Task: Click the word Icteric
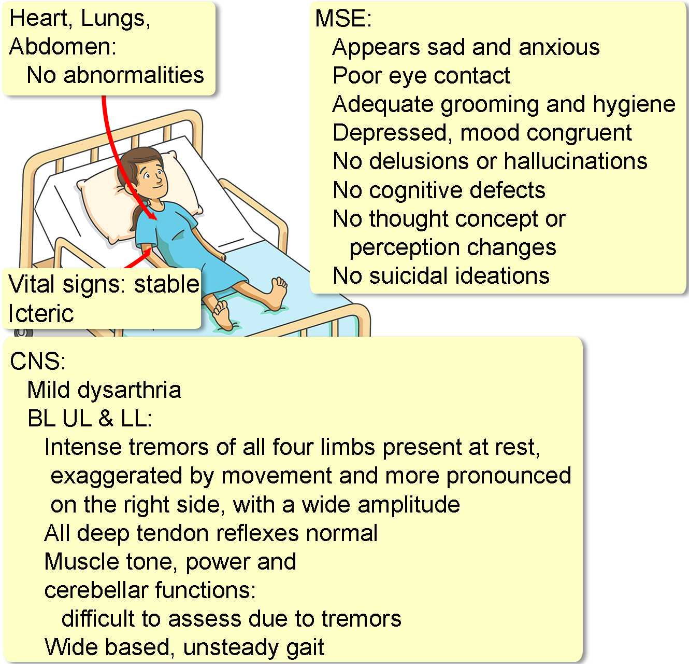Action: pos(41,313)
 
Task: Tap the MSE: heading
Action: pos(343,18)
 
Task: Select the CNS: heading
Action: pos(38,361)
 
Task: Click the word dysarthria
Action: pos(129,391)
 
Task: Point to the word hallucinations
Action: pos(576,161)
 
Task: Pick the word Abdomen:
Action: pos(63,47)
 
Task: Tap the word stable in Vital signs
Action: pos(167,284)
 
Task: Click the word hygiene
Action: pos(634,105)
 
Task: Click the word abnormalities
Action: pos(134,75)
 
